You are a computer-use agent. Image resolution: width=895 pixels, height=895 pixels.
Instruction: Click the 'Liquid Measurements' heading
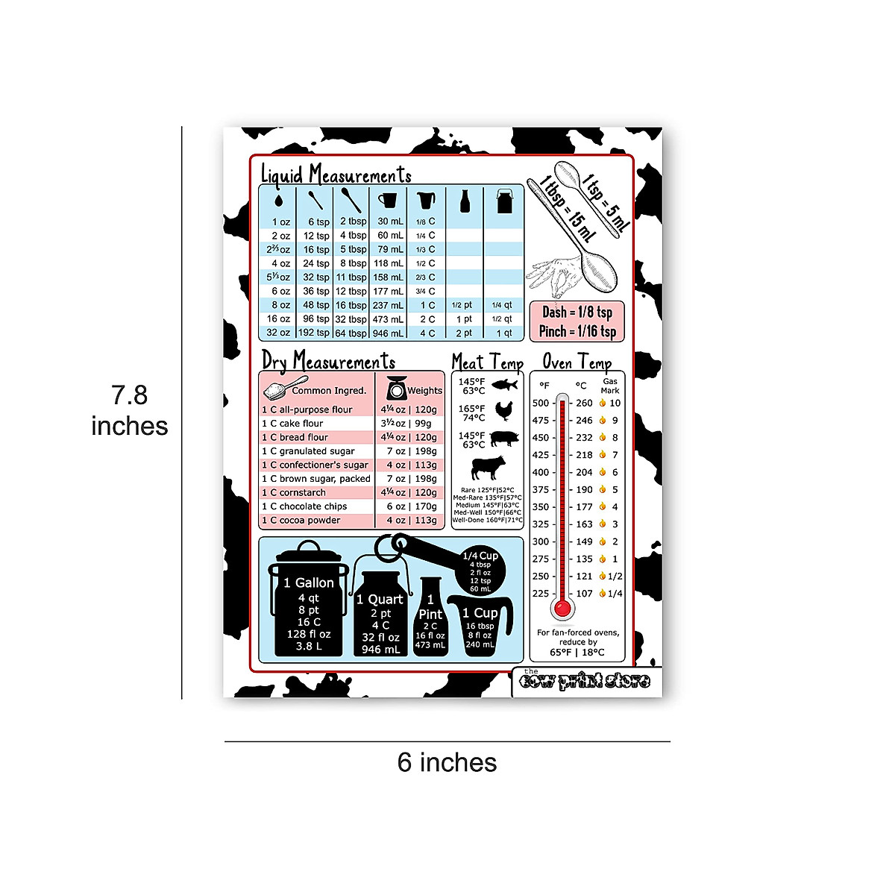coord(336,175)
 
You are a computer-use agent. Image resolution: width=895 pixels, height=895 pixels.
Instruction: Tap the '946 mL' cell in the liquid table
coord(389,333)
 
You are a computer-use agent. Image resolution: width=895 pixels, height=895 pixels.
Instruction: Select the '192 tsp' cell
coord(314,333)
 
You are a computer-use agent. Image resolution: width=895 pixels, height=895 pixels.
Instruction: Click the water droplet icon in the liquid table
coord(278,201)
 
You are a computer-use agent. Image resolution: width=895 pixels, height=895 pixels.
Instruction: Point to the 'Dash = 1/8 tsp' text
coord(577,313)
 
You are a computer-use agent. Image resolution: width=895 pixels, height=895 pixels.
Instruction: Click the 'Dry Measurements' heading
coord(328,362)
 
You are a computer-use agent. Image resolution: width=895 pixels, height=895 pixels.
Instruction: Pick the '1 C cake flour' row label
coord(292,424)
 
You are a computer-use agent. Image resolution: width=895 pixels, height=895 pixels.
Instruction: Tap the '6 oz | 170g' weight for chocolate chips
coord(411,506)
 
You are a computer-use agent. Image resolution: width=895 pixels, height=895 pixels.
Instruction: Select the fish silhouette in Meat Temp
coord(505,385)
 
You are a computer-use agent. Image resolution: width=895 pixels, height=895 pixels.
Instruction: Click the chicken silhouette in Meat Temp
coord(504,411)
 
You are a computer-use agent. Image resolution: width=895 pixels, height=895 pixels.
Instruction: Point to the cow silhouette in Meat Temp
coord(489,468)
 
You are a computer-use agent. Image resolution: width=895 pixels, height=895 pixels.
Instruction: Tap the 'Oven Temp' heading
coord(577,362)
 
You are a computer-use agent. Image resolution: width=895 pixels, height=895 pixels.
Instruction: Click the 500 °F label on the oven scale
coord(541,403)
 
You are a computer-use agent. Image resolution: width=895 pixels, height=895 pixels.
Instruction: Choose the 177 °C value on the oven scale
coord(584,507)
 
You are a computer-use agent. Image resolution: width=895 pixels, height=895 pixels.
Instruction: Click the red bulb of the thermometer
coord(563,609)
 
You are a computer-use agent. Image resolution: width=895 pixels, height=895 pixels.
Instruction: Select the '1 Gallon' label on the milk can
coord(309,583)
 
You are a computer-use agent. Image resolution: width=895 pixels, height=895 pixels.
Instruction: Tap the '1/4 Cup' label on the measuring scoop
coord(480,556)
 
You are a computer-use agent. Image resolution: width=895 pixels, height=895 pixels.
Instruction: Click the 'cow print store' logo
coord(585,681)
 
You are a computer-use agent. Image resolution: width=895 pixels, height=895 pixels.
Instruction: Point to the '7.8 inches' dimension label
coord(130,410)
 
